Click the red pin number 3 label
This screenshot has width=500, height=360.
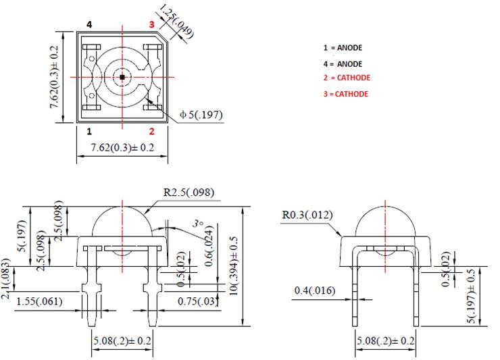[x=152, y=24]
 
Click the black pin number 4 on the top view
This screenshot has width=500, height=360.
[x=89, y=24]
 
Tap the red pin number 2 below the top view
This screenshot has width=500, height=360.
[x=152, y=130]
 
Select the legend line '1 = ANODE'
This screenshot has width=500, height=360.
[x=343, y=49]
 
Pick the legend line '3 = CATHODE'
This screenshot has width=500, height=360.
[x=346, y=94]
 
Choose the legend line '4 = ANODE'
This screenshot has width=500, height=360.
[x=343, y=64]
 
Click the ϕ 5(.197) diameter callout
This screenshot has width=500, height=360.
[x=201, y=115]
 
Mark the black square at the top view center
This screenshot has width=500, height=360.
[x=122, y=78]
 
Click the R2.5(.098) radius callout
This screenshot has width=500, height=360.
[x=189, y=192]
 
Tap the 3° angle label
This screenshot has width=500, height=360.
[x=198, y=223]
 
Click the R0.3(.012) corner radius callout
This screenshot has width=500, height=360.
[x=307, y=215]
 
